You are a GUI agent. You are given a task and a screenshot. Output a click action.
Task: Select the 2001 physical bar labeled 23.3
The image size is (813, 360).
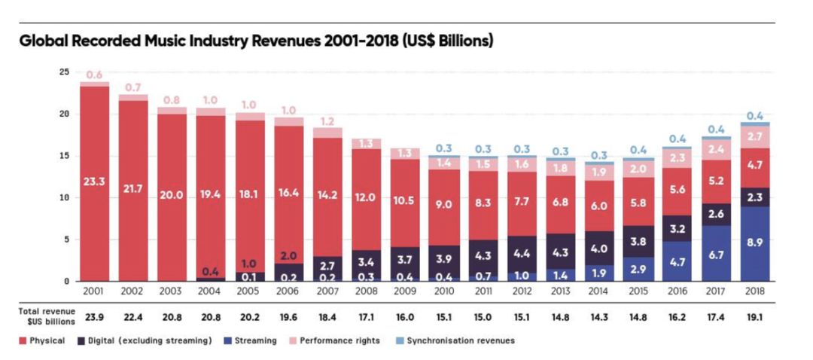point(95,182)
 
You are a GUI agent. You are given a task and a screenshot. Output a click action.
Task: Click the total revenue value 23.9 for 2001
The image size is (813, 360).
point(94,317)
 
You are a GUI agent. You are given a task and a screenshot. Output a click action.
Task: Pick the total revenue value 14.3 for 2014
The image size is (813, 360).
point(598,317)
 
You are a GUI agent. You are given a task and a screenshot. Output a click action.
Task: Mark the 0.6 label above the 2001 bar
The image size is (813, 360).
point(94,75)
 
